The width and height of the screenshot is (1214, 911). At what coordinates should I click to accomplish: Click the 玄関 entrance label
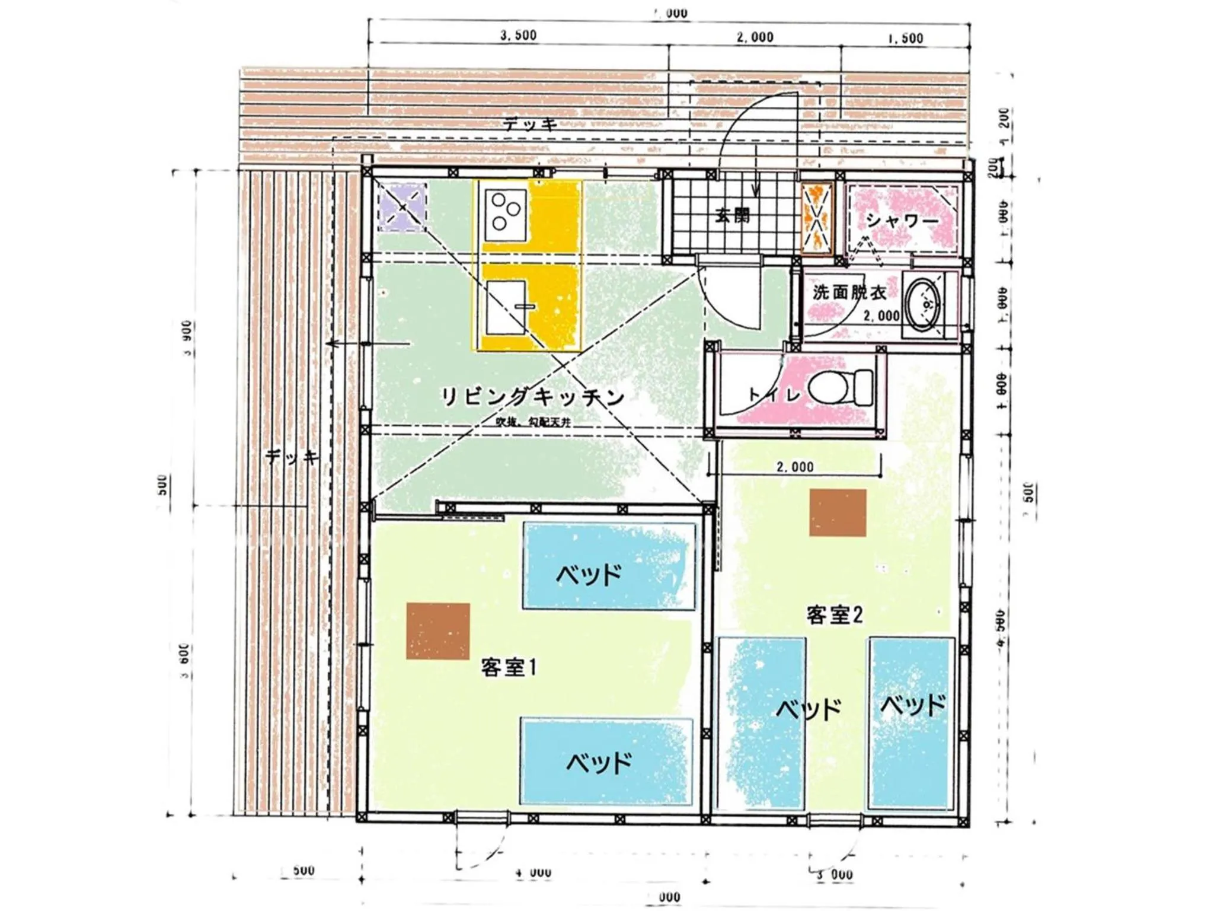(x=732, y=216)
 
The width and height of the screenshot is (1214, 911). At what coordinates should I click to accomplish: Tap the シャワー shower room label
(x=902, y=221)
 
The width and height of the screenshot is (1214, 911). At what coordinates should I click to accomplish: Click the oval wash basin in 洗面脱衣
(x=924, y=305)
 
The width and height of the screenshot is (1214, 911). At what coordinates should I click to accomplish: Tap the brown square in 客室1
(x=438, y=631)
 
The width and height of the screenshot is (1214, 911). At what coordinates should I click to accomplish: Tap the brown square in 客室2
(x=838, y=513)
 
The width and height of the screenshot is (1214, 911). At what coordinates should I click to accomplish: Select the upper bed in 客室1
(x=609, y=566)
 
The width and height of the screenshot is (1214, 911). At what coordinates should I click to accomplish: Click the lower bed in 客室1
(x=606, y=761)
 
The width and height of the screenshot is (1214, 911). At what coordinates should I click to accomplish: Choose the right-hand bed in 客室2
(x=911, y=724)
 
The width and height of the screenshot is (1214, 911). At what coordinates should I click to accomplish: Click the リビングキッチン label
(x=532, y=397)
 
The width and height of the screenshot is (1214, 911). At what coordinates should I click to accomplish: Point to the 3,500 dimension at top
(x=518, y=36)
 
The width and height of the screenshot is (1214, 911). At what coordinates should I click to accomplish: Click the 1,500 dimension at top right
(x=905, y=38)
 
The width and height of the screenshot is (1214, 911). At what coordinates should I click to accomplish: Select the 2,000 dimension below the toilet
(x=794, y=467)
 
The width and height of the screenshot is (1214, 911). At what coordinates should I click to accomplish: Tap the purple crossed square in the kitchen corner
(x=402, y=207)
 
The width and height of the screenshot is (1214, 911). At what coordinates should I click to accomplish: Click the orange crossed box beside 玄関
(x=817, y=218)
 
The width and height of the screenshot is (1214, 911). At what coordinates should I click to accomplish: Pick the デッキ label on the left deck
(x=292, y=457)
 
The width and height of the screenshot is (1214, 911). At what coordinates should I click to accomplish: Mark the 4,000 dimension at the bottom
(x=533, y=872)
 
